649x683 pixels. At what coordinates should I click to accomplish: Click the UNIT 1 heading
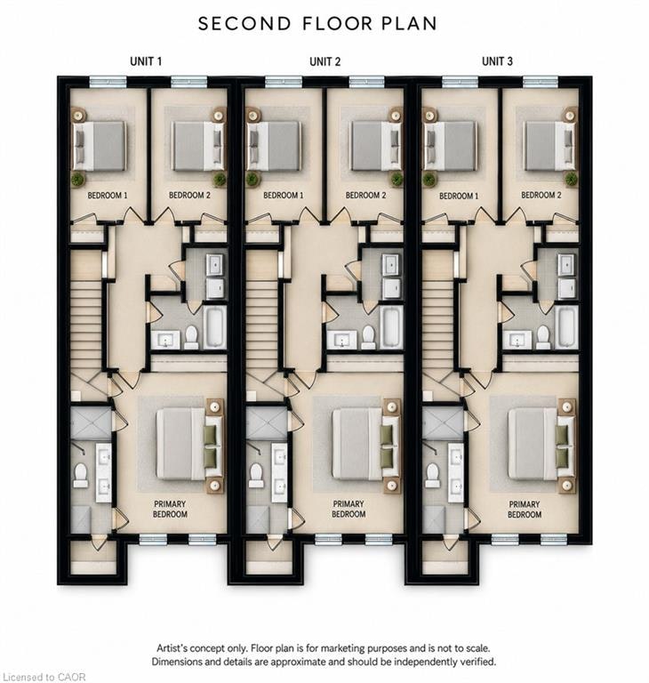pos(146,61)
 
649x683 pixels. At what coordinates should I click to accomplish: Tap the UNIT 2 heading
pos(324,62)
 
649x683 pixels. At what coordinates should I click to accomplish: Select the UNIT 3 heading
pos(497,61)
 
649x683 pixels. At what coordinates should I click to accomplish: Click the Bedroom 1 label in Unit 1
pos(108,195)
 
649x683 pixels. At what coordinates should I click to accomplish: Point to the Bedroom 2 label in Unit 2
pos(365,195)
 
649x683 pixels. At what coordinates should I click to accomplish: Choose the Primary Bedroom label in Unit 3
pos(525,510)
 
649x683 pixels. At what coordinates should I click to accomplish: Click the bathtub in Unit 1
pos(214,326)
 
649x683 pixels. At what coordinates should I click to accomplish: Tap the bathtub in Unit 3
pos(567,326)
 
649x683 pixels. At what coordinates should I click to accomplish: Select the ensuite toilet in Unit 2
pos(255,475)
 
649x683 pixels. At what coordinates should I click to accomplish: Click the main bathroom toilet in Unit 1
pos(191,337)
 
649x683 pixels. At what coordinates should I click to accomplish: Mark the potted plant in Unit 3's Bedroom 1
pos(429,179)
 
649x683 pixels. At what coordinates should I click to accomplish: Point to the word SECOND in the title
pos(244,23)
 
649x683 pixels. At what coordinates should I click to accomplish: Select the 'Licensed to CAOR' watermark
pos(44,677)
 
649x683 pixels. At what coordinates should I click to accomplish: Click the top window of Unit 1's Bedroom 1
pos(108,82)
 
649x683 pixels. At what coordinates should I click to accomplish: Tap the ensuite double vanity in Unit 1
pos(104,472)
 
